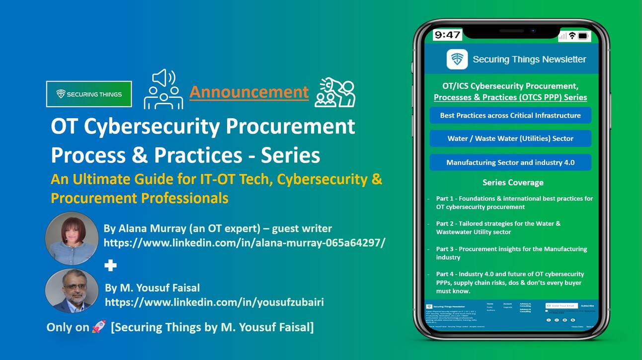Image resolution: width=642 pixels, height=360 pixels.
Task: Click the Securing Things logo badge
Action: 89,94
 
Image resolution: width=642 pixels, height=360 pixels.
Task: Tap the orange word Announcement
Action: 249,92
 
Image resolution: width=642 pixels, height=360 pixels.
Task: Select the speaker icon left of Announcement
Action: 163,89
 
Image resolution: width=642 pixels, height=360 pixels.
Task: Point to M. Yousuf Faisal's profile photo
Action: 72,291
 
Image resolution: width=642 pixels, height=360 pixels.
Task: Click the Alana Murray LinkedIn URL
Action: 244,243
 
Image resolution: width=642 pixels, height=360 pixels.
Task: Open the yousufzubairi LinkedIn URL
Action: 214,301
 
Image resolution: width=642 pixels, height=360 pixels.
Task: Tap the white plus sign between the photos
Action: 110,266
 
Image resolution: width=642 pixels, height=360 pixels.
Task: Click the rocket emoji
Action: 99,327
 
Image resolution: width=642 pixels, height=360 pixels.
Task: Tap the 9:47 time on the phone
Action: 447,35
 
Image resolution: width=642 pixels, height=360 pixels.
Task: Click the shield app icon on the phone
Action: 457,59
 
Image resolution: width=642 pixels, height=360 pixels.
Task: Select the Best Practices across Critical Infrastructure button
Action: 510,115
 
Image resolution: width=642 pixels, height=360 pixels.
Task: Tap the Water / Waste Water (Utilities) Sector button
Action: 510,139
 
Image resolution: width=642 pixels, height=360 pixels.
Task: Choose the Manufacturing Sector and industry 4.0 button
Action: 510,162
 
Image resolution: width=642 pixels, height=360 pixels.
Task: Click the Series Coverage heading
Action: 513,182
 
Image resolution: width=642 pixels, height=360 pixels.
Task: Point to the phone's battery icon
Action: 583,36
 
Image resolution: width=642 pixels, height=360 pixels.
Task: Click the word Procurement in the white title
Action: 291,127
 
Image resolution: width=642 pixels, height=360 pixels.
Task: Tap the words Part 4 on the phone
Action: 445,274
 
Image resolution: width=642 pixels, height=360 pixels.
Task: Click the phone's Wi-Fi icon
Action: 572,36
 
